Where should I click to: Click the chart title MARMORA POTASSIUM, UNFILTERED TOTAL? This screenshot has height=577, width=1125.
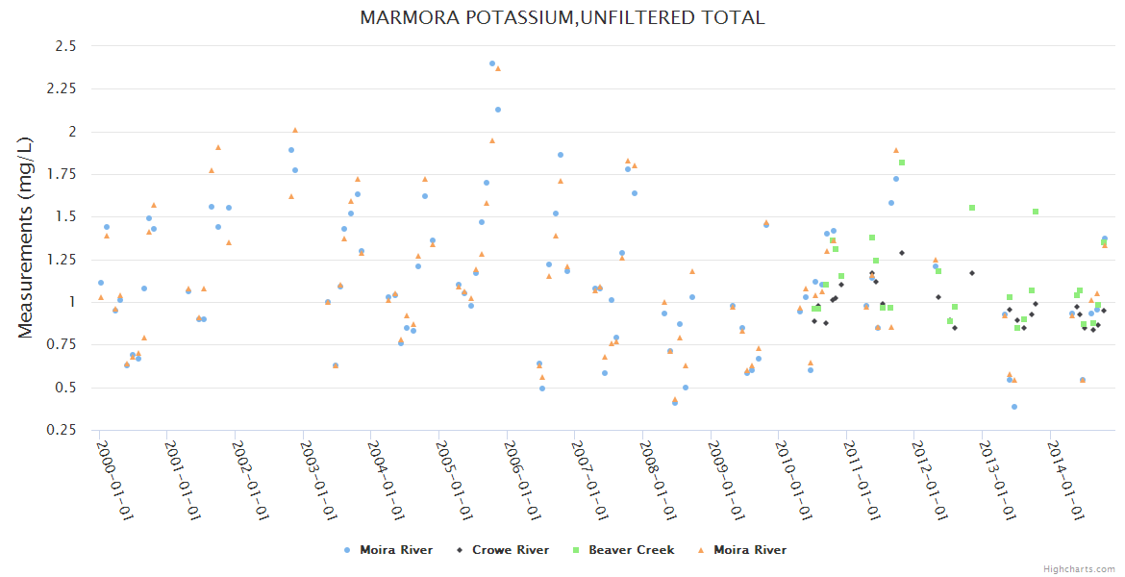562,17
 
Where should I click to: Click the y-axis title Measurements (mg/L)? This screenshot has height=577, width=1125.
27,238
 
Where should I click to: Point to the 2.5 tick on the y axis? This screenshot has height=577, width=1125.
64,46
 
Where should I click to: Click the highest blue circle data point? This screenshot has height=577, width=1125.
492,63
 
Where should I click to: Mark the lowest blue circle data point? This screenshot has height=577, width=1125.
1014,407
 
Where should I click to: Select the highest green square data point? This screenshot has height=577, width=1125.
902,163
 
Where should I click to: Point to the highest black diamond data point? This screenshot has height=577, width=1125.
902,253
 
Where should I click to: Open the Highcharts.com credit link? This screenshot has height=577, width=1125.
1080,568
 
